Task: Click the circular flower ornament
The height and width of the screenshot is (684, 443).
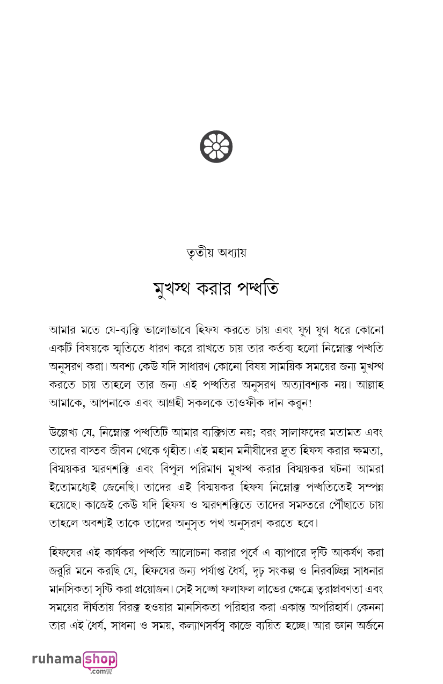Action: [216, 146]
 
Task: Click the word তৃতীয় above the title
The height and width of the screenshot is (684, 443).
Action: [197, 253]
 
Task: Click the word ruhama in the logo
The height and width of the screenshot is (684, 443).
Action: [56, 659]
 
